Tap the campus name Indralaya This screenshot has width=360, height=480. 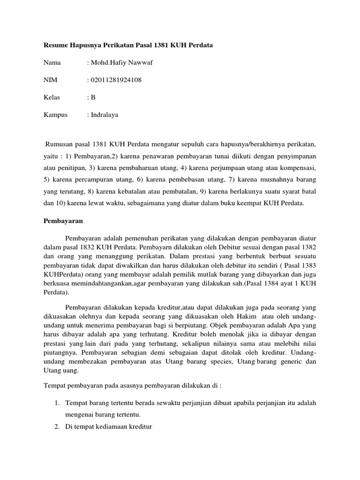tap(105, 115)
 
